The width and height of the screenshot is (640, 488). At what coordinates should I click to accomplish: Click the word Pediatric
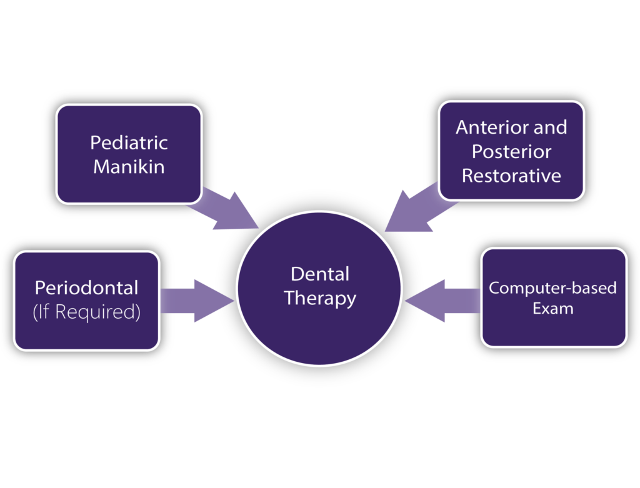pyautogui.click(x=129, y=143)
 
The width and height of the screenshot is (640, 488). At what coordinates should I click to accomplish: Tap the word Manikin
pyautogui.click(x=129, y=167)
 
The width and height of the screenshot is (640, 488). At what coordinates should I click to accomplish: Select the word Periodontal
pyautogui.click(x=86, y=287)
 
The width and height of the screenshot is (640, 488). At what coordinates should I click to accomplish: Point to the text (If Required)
pyautogui.click(x=86, y=312)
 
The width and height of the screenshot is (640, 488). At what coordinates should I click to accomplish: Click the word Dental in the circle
pyautogui.click(x=320, y=274)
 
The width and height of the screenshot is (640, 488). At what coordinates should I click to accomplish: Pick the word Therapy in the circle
pyautogui.click(x=320, y=299)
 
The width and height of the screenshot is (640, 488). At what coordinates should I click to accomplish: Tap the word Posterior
pyautogui.click(x=511, y=151)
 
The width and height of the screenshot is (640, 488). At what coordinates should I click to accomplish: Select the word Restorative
pyautogui.click(x=511, y=176)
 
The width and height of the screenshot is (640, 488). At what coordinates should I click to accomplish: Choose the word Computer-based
pyautogui.click(x=552, y=288)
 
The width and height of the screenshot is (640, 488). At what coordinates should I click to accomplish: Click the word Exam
pyautogui.click(x=552, y=309)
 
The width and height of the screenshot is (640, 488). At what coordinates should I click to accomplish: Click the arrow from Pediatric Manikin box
pyautogui.click(x=224, y=210)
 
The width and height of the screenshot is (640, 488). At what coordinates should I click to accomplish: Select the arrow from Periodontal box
pyautogui.click(x=197, y=301)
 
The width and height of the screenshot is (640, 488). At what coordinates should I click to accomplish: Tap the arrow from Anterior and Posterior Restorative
pyautogui.click(x=421, y=208)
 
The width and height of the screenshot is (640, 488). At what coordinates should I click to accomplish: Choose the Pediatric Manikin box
pyautogui.click(x=129, y=154)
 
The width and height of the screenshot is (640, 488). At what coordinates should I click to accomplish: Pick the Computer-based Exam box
pyautogui.click(x=554, y=298)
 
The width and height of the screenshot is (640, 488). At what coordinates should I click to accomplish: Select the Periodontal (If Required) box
pyautogui.click(x=86, y=301)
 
